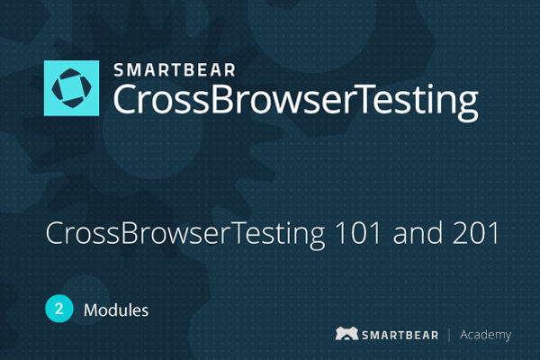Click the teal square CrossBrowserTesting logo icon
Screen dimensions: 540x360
coord(72,88)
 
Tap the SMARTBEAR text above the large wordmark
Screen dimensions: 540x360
coord(175,70)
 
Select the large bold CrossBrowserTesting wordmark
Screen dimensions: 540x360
coord(296,101)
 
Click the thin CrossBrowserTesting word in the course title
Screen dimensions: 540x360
coord(185,234)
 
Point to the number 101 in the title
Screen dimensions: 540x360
coord(358,233)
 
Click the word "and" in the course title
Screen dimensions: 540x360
coord(418,232)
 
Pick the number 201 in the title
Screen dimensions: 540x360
coord(476,233)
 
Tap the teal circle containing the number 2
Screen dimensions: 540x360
coord(59,309)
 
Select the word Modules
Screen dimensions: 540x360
coord(116,310)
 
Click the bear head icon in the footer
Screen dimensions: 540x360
coord(346,333)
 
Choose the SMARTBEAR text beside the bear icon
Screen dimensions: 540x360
coord(400,335)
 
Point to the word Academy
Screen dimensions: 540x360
coord(486,335)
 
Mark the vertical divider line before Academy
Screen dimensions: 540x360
coord(449,335)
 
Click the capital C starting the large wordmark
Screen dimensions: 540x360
coord(125,99)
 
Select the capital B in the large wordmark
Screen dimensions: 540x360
coord(223,99)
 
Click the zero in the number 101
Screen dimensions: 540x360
coord(358,233)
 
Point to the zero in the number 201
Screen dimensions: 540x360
coord(477,233)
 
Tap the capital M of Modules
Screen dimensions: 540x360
coord(90,310)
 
